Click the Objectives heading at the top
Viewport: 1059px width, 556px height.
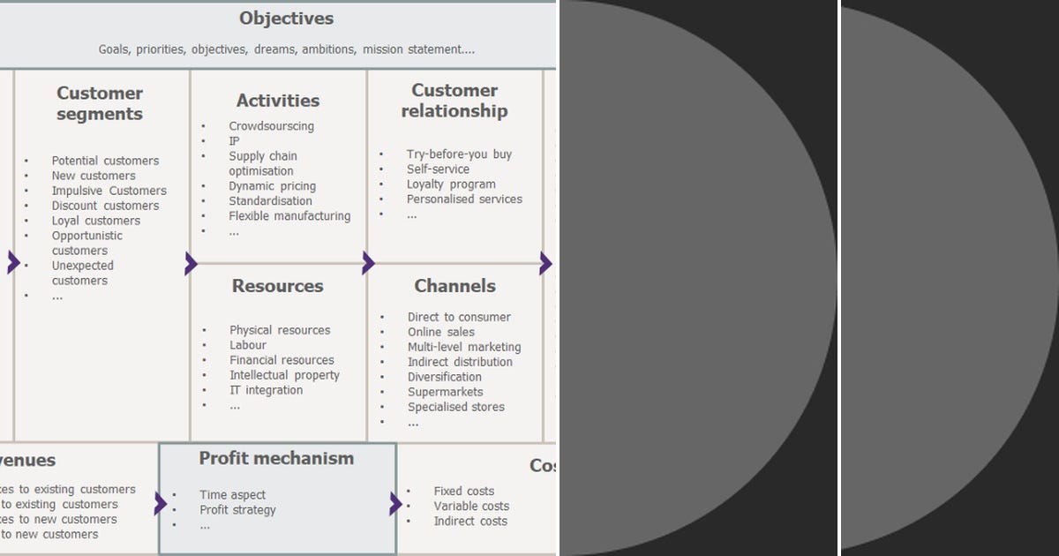click(x=286, y=19)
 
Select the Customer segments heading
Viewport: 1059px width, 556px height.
click(x=100, y=103)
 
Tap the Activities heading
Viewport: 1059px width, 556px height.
click(x=278, y=101)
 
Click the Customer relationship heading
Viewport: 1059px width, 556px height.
click(x=454, y=101)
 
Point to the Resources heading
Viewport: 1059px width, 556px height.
click(x=277, y=286)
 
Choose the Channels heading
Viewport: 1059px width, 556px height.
click(x=454, y=286)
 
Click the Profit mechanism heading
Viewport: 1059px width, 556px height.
click(x=276, y=458)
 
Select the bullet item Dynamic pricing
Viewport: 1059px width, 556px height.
click(x=272, y=186)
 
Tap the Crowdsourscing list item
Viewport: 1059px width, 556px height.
click(x=271, y=126)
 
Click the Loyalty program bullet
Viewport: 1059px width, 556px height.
click(x=451, y=184)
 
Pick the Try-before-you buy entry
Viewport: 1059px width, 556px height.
click(x=459, y=154)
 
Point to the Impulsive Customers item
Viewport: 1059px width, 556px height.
click(x=109, y=191)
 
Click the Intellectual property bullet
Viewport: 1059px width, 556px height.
click(x=284, y=375)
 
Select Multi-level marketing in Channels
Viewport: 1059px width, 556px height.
click(x=464, y=347)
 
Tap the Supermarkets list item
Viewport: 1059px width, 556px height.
click(x=445, y=392)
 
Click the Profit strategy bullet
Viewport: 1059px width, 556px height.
click(x=237, y=510)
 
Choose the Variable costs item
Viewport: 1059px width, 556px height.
click(x=471, y=507)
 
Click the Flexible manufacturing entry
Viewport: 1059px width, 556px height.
click(x=289, y=216)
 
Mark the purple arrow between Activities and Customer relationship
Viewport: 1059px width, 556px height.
click(x=368, y=263)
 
